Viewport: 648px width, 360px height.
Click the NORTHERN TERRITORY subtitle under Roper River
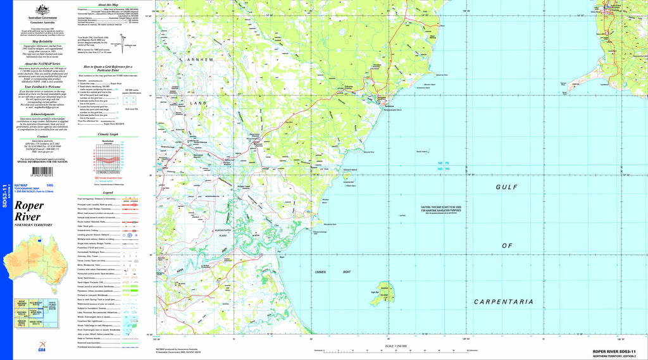33,225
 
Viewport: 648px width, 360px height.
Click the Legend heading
108,193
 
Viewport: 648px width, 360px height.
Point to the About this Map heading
108,4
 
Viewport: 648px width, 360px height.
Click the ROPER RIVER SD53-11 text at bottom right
618,351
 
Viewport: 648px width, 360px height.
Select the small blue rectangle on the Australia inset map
40,240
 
